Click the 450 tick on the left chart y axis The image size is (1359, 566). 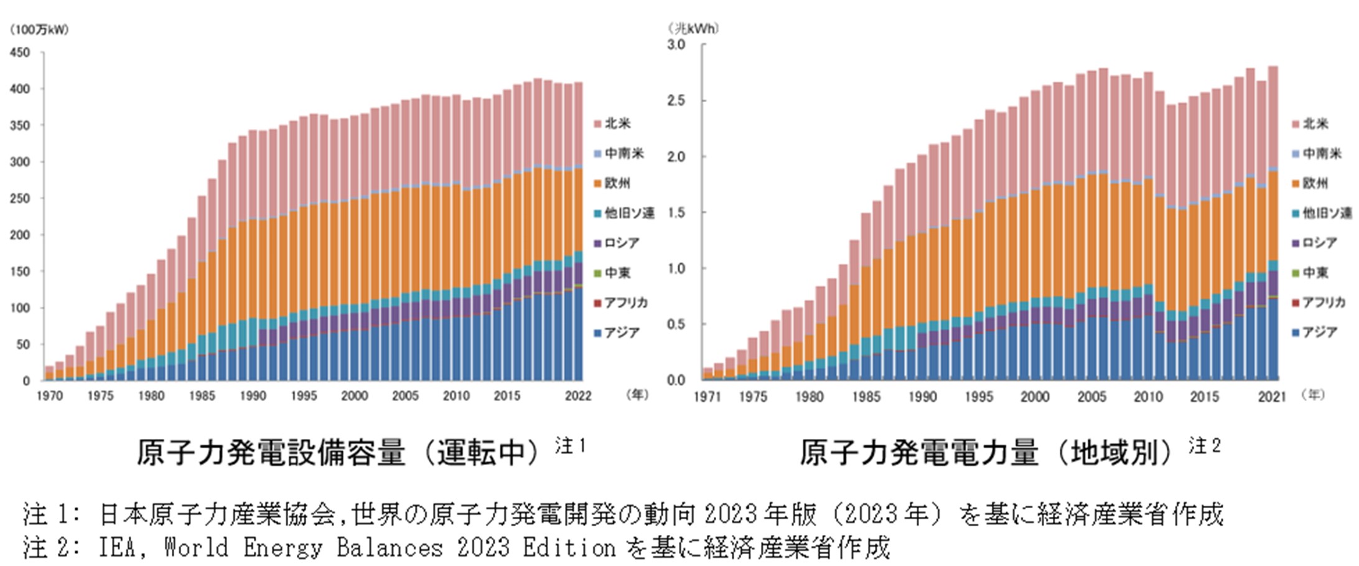pyautogui.click(x=20, y=53)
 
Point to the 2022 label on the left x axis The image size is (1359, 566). pyautogui.click(x=578, y=397)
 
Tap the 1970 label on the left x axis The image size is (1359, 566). pyautogui.click(x=50, y=397)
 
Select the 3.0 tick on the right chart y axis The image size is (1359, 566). pyautogui.click(x=676, y=45)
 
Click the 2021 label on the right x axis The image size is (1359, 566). pyautogui.click(x=1272, y=397)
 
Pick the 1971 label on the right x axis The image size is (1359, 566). pyautogui.click(x=707, y=397)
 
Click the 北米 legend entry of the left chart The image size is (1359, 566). pyautogui.click(x=617, y=124)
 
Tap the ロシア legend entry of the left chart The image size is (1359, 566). pyautogui.click(x=621, y=243)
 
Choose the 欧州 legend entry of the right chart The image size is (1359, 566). pyautogui.click(x=1315, y=183)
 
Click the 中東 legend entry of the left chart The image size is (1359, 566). pyautogui.click(x=617, y=273)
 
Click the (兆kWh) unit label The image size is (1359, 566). pyautogui.click(x=693, y=29)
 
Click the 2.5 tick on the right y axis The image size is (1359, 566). pyautogui.click(x=676, y=100)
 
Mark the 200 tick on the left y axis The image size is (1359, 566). pyautogui.click(x=20, y=235)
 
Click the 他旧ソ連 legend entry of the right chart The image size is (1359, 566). pyautogui.click(x=1326, y=213)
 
